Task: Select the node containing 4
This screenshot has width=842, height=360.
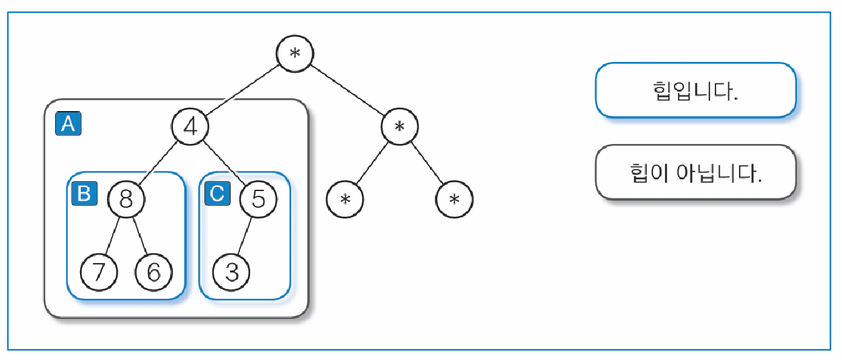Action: [190, 127]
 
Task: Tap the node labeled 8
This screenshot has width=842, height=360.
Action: [126, 200]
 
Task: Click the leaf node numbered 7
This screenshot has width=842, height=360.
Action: [99, 273]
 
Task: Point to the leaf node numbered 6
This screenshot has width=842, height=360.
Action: [153, 273]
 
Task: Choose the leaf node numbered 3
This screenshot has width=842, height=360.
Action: [231, 273]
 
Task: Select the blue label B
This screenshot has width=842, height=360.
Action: [84, 194]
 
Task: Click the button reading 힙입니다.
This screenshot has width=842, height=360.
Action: [695, 90]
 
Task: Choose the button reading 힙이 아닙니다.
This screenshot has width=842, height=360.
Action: [695, 172]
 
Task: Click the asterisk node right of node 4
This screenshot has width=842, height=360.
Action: [400, 127]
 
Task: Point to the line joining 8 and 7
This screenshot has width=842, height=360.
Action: [112, 236]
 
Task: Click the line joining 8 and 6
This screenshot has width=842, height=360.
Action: [140, 236]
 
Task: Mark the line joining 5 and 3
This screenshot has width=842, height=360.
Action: [245, 236]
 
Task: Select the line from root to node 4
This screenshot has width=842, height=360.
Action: [243, 90]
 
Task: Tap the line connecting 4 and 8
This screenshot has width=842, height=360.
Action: [159, 164]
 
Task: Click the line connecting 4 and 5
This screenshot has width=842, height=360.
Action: [225, 164]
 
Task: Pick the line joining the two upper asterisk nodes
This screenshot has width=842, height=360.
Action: [348, 90]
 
